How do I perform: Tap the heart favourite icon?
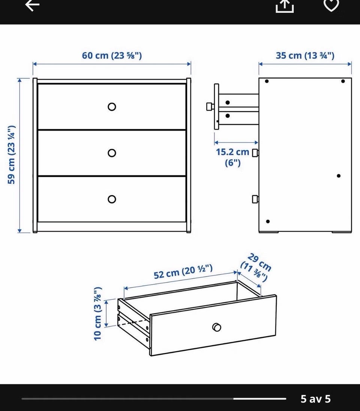[x=331, y=5]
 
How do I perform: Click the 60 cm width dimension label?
[x=112, y=55]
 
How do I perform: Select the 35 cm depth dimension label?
[x=305, y=55]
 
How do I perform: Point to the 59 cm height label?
[x=12, y=155]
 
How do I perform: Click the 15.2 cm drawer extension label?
[x=232, y=157]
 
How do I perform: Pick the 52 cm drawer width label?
[x=183, y=272]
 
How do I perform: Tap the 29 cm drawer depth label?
[x=256, y=267]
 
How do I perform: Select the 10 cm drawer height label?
[x=97, y=314]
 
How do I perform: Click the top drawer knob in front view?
[x=112, y=107]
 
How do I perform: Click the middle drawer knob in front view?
[x=112, y=153]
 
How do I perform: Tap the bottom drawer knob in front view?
[x=112, y=199]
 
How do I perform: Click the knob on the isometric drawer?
[x=216, y=327]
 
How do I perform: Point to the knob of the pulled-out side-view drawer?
[x=210, y=107]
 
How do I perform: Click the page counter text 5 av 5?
[x=315, y=399]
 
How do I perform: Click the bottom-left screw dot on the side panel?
[x=268, y=221]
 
